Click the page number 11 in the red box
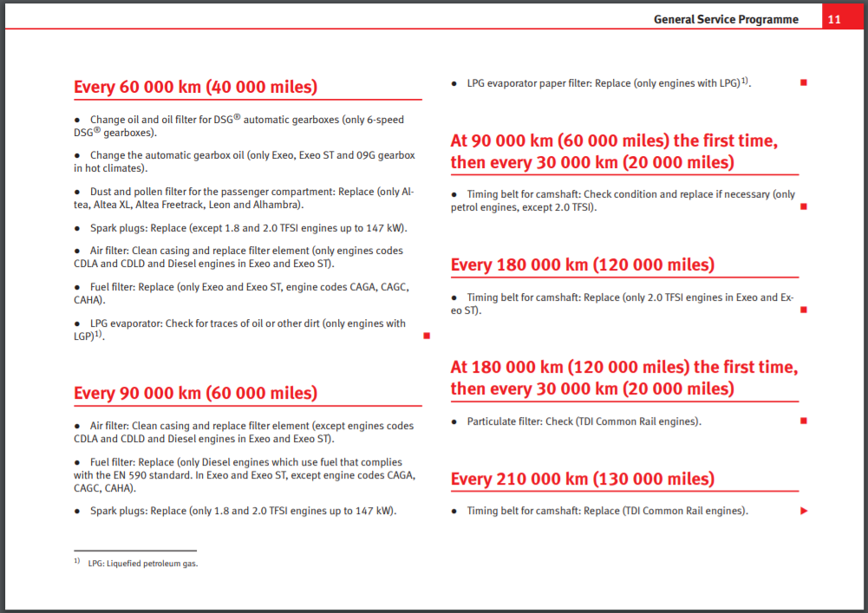coord(833,19)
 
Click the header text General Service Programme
coord(726,19)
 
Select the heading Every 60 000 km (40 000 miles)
coord(195,87)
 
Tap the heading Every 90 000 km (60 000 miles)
coord(195,393)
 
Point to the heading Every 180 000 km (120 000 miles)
coord(582,264)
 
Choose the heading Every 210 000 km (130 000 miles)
coord(582,479)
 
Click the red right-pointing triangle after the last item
coord(804,511)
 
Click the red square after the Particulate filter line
coord(803,421)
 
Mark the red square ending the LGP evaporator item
coord(426,336)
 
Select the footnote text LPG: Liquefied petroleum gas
coord(142,564)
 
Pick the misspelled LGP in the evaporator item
coord(83,336)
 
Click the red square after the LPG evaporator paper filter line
coord(803,82)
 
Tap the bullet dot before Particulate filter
coord(454,422)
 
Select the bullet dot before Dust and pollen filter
coord(77,192)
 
